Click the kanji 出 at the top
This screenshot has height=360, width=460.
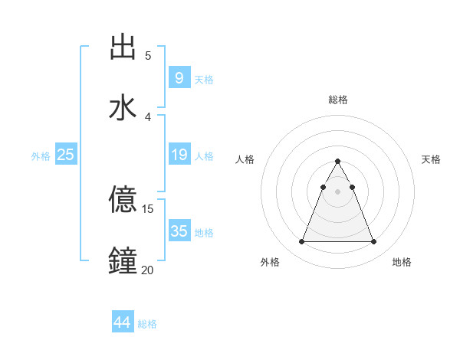coord(123,47)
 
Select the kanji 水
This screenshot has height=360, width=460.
coord(123,106)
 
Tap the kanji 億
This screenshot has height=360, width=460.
coord(123,200)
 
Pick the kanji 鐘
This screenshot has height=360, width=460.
coord(123,260)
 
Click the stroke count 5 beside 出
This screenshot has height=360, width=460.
coord(148,55)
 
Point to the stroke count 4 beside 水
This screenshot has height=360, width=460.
coord(148,116)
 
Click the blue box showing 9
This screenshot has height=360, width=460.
coord(179,77)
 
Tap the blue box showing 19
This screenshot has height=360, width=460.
coord(179,155)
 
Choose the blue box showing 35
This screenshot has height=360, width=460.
coord(179,231)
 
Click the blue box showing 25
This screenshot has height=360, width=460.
coord(65,155)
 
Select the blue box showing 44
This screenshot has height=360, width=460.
coord(122,322)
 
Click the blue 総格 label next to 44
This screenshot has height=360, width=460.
coord(147,324)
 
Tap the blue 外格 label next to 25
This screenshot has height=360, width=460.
coord(41,156)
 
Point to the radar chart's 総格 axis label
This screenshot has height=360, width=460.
coord(337,100)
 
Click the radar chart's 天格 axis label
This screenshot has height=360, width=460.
coord(431,159)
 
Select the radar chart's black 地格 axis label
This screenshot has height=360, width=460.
coord(402,262)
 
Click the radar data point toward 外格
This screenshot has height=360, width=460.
coord(301,242)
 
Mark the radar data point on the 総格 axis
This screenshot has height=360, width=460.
coord(337,161)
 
